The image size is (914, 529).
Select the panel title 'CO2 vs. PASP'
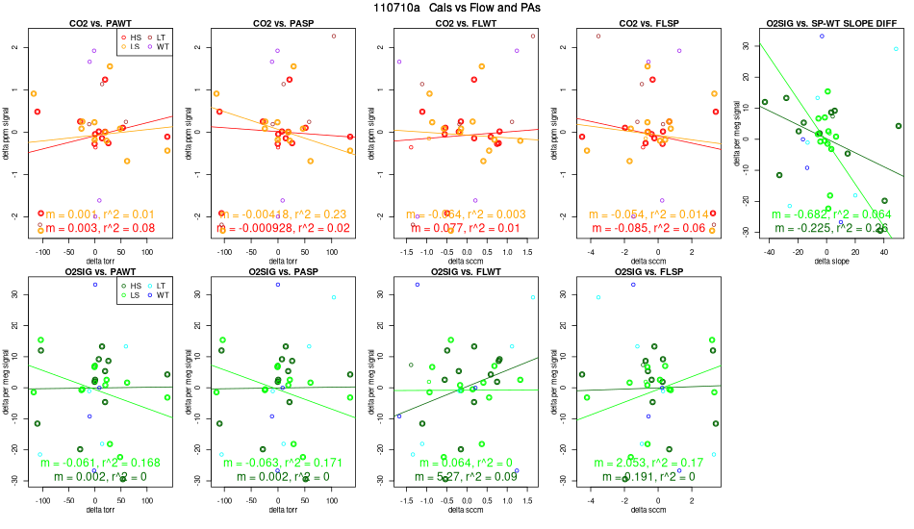tap(278, 21)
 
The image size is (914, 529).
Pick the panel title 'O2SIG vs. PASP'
tap(278, 271)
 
